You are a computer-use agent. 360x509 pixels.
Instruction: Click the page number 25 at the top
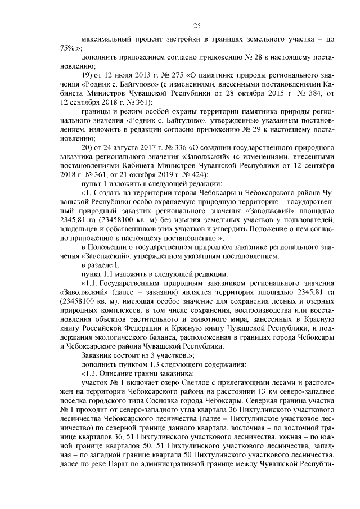point(197,25)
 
